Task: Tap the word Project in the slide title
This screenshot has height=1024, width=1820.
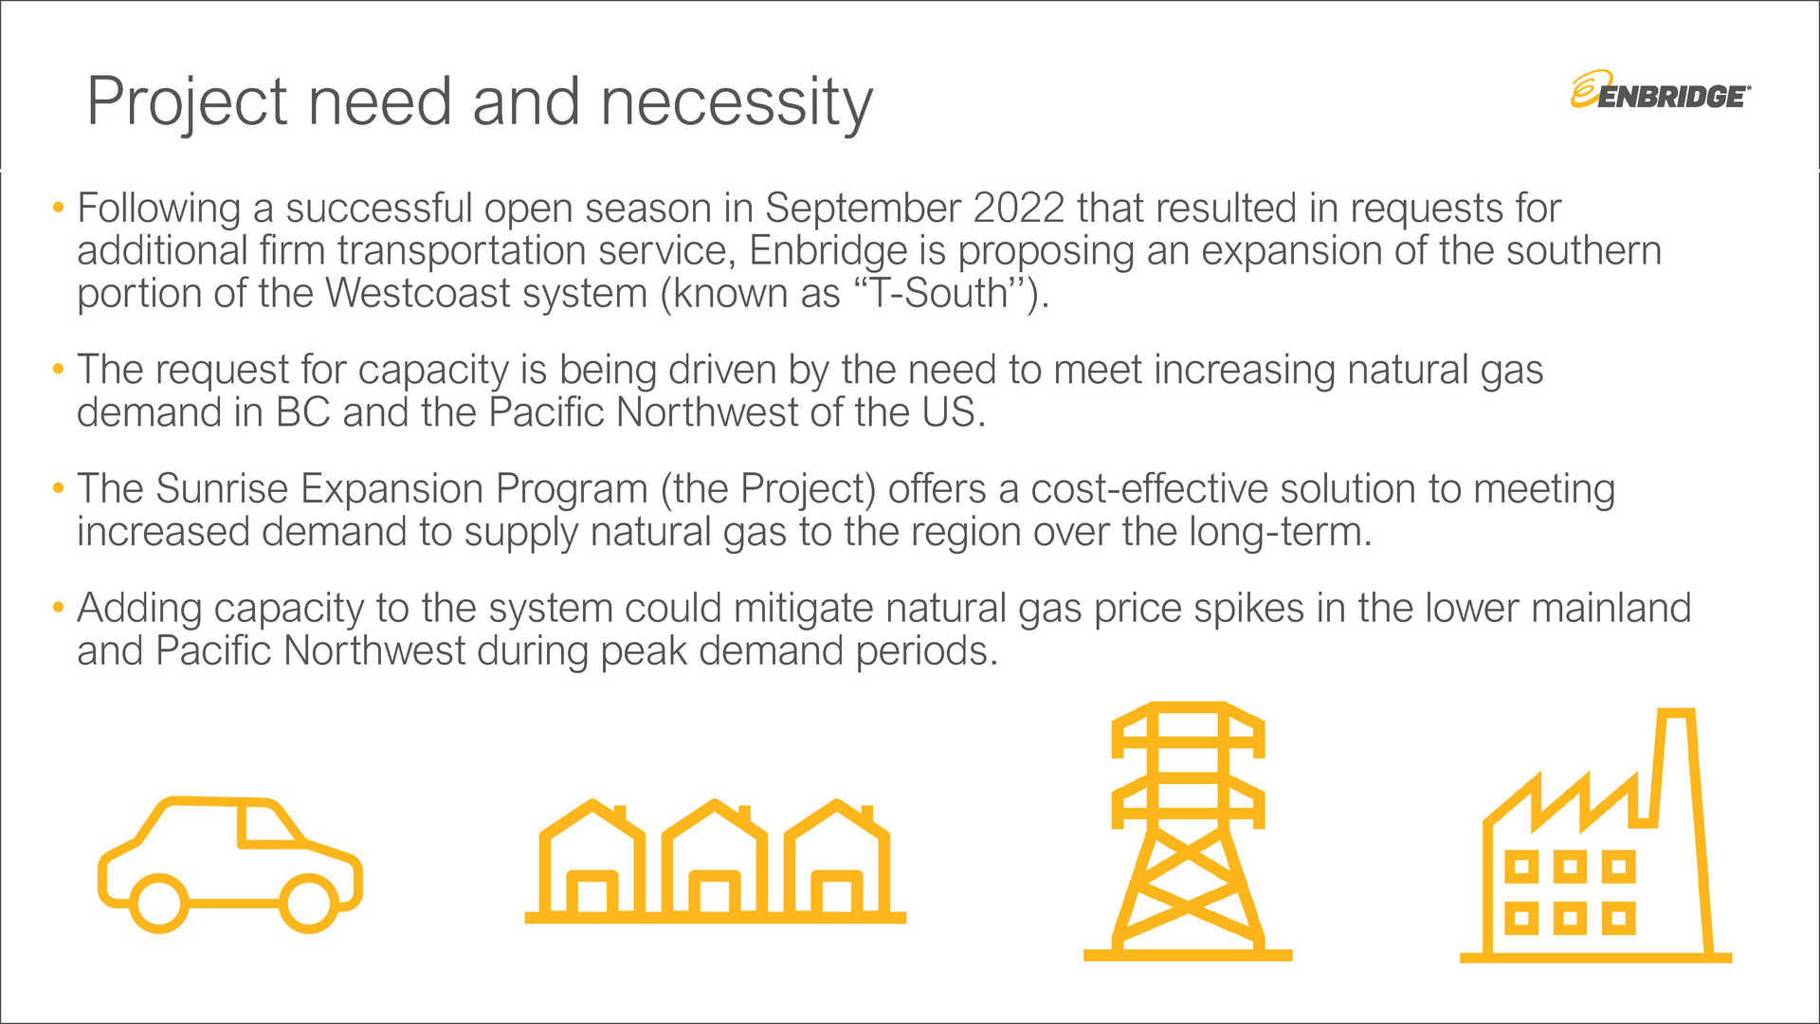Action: click(187, 102)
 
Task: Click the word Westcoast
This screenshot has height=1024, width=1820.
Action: click(417, 294)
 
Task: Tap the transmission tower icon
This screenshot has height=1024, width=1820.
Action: click(1188, 830)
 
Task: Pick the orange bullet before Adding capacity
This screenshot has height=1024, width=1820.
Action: click(59, 607)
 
